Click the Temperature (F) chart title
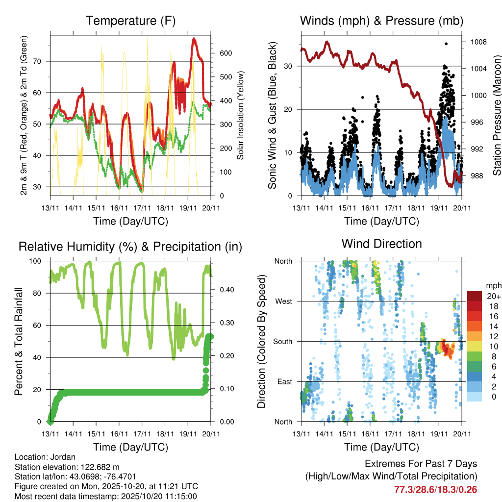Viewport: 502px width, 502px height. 130,21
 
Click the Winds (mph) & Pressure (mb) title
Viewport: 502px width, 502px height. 381,21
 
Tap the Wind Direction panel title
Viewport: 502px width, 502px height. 381,244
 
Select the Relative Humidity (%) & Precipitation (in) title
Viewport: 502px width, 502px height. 130,247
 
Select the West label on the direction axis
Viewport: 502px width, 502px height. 283,301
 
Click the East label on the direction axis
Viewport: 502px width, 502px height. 284,381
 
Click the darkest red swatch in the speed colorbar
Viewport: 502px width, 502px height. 474,296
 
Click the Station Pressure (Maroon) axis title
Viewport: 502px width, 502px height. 496,108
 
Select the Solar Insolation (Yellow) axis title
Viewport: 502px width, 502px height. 240,115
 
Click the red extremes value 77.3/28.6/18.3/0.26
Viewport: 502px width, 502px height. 435,489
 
